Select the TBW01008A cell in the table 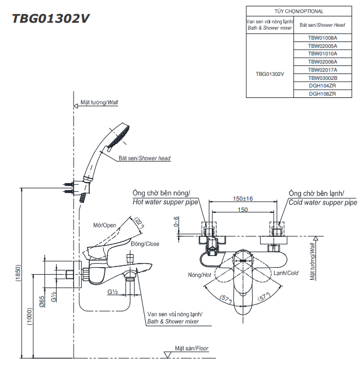point(323,37)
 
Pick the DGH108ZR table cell point(323,93)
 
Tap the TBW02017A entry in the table point(323,69)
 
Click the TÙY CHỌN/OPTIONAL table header point(299,11)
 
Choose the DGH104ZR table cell point(323,85)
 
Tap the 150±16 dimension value point(243,198)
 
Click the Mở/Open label point(105,225)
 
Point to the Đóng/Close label point(145,244)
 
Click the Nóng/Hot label point(200,274)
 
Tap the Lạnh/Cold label point(286,273)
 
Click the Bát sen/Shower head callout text point(144,158)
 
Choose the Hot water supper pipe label point(166,202)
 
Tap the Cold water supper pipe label point(323,202)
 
